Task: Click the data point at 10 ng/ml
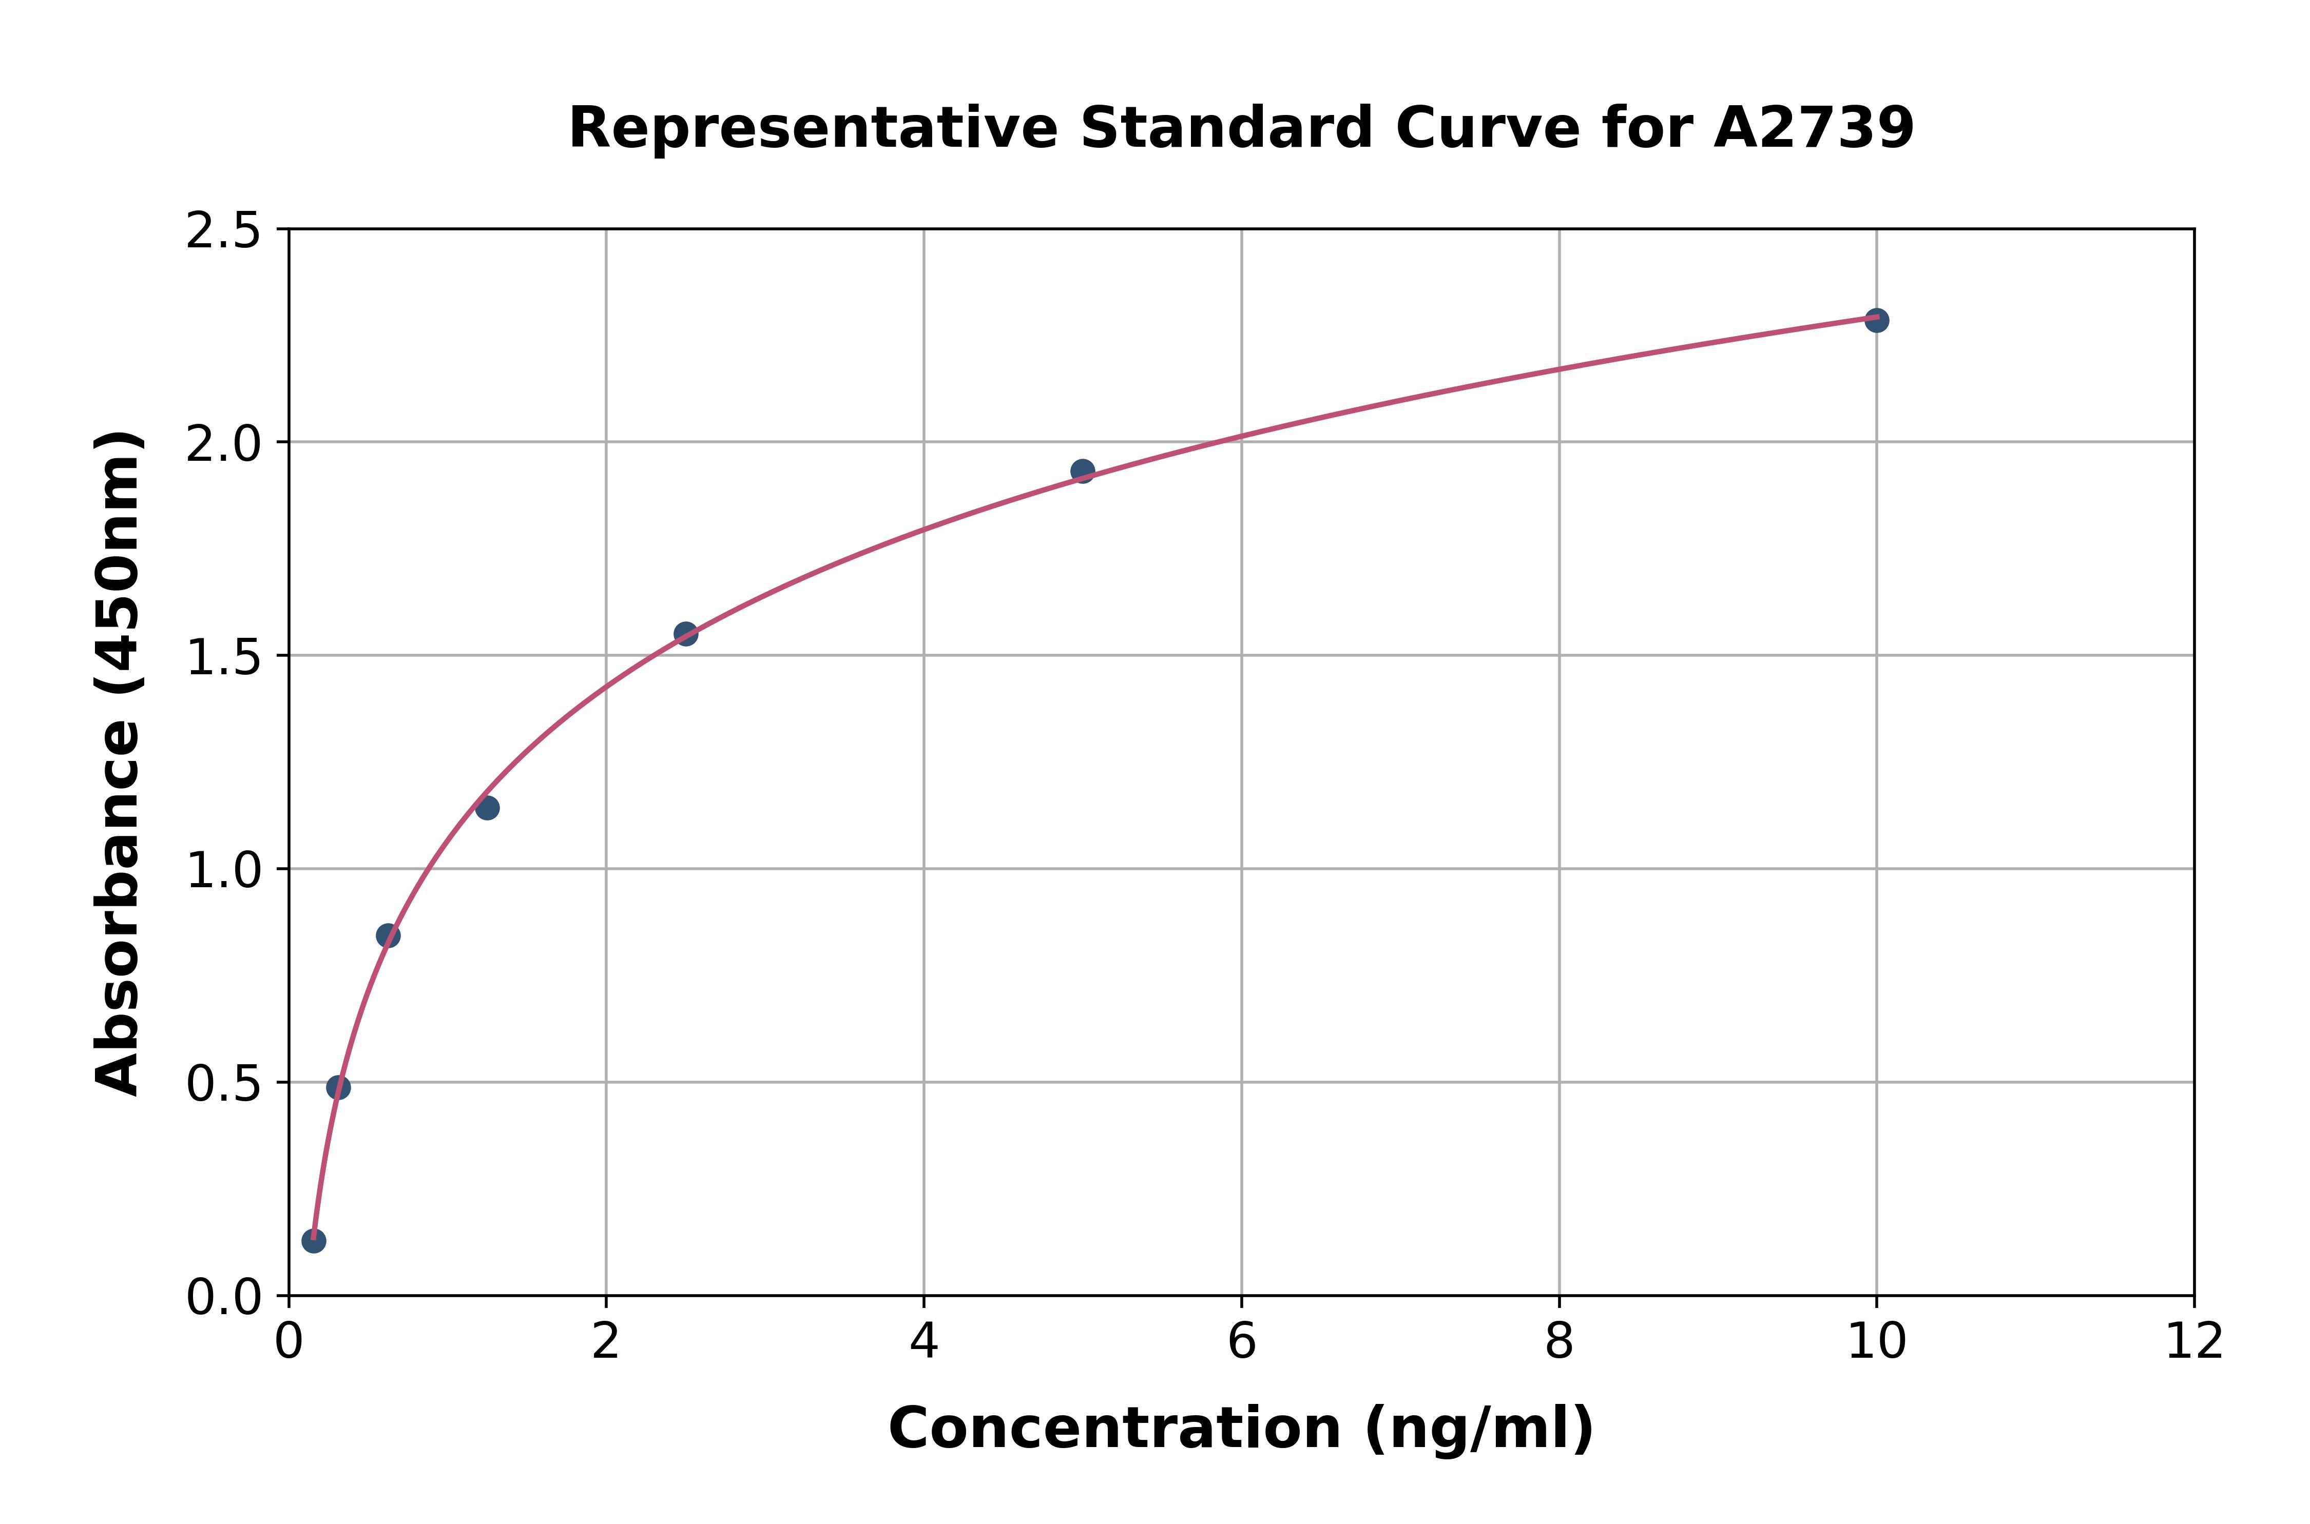click(x=1876, y=320)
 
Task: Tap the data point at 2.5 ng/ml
click(x=685, y=634)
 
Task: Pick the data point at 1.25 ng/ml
click(x=487, y=808)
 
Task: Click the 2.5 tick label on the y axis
click(x=224, y=231)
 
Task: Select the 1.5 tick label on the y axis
click(x=224, y=658)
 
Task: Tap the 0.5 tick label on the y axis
click(x=224, y=1085)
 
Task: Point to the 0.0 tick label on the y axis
click(x=224, y=1298)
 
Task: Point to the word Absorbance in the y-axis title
click(x=119, y=909)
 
